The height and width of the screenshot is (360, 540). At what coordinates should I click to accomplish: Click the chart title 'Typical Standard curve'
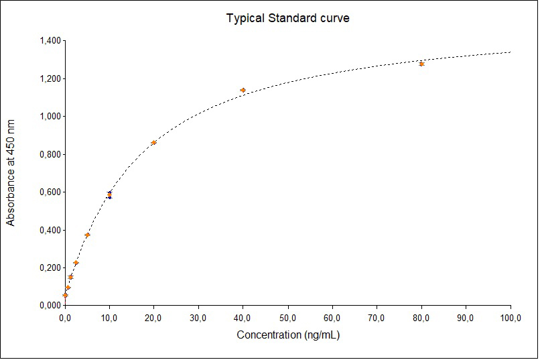point(287,18)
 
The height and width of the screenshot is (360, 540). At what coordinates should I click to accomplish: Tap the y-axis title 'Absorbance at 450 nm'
point(11,173)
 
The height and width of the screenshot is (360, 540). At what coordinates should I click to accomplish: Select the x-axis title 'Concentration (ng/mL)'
point(288,335)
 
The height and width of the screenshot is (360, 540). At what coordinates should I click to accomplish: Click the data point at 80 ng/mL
point(421,64)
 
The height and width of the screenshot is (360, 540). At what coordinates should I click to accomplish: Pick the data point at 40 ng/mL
point(243,90)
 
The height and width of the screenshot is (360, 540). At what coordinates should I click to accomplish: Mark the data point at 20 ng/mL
point(153,142)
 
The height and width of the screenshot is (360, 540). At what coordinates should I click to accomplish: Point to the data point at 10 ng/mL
point(109,194)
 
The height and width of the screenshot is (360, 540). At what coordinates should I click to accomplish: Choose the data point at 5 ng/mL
point(87,235)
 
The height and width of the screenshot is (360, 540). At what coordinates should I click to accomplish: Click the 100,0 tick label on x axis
point(511,317)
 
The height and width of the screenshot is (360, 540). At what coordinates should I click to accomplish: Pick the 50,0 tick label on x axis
point(287,317)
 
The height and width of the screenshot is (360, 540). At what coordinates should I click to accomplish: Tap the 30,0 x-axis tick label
point(198,317)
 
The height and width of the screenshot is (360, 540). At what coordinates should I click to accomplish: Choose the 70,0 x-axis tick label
point(377,317)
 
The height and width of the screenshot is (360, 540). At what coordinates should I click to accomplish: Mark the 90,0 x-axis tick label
point(466,317)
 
